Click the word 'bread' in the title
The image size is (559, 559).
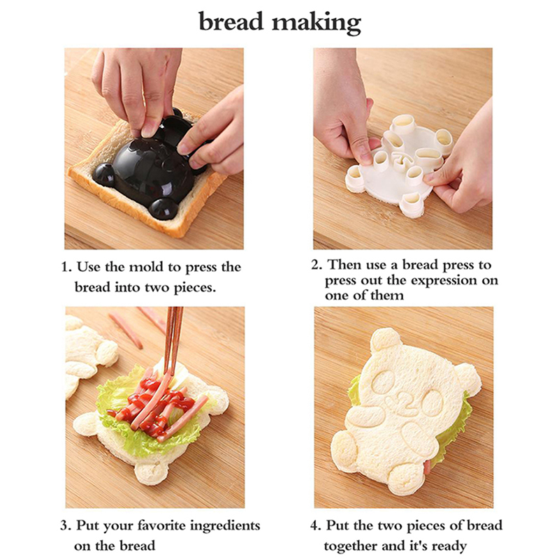click(x=231, y=22)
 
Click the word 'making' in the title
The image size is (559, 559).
click(x=317, y=23)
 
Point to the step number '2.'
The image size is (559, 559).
click(x=317, y=265)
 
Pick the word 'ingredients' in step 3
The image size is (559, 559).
click(x=225, y=527)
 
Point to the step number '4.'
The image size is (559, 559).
click(x=316, y=526)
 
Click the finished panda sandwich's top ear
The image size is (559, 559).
click(x=386, y=340)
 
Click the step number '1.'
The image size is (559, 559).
click(x=66, y=267)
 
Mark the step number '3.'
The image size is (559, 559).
click(x=66, y=526)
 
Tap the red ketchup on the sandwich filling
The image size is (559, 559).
click(x=153, y=399)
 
